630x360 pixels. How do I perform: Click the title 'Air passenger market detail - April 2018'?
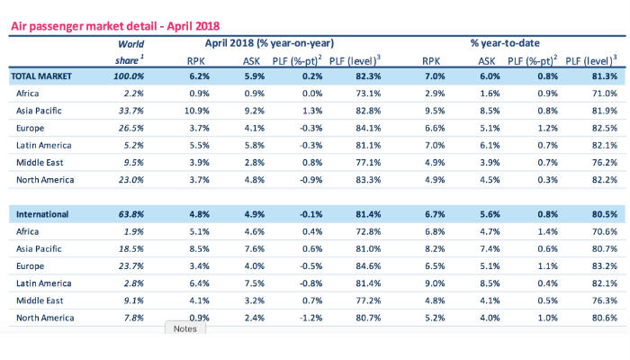(x=114, y=28)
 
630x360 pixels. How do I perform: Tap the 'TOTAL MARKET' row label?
(x=41, y=78)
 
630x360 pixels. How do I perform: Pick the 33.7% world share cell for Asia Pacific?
(x=130, y=112)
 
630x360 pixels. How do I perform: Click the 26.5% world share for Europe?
(x=130, y=128)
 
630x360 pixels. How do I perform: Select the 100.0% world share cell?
(x=129, y=78)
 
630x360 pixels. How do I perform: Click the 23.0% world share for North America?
(x=130, y=179)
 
